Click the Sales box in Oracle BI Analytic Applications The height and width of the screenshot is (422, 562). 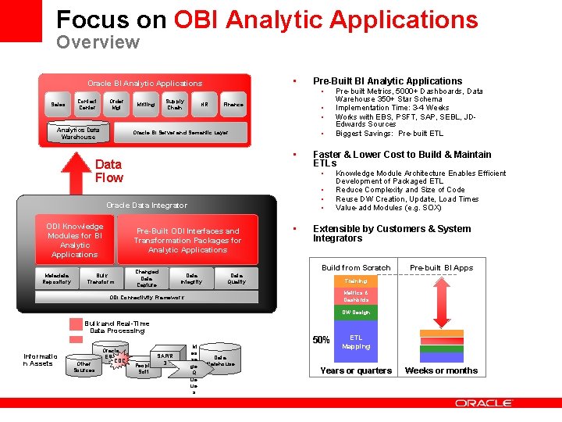(x=59, y=104)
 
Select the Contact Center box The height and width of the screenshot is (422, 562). (x=87, y=104)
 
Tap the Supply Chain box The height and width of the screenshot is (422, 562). (x=175, y=104)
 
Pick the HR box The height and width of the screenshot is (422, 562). (x=204, y=104)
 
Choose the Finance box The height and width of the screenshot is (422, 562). (x=233, y=104)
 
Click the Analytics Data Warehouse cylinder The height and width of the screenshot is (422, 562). (x=78, y=133)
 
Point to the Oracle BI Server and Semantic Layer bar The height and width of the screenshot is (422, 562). (x=180, y=133)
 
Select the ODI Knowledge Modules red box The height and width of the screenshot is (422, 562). (x=74, y=240)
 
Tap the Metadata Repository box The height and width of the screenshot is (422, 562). (x=56, y=278)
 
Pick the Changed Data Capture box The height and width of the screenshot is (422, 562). (x=147, y=278)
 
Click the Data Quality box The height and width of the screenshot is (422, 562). (x=237, y=278)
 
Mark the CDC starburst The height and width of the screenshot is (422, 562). (x=119, y=360)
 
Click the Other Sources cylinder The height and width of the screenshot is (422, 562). (x=84, y=366)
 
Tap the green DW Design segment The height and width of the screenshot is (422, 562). (x=356, y=312)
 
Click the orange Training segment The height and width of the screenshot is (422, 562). (x=356, y=280)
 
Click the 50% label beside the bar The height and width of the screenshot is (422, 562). (x=321, y=340)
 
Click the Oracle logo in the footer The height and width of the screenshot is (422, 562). (x=483, y=403)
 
